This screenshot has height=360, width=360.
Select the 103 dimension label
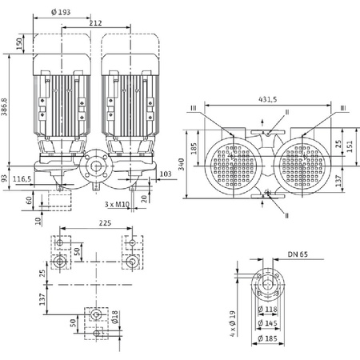coord(166,173)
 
